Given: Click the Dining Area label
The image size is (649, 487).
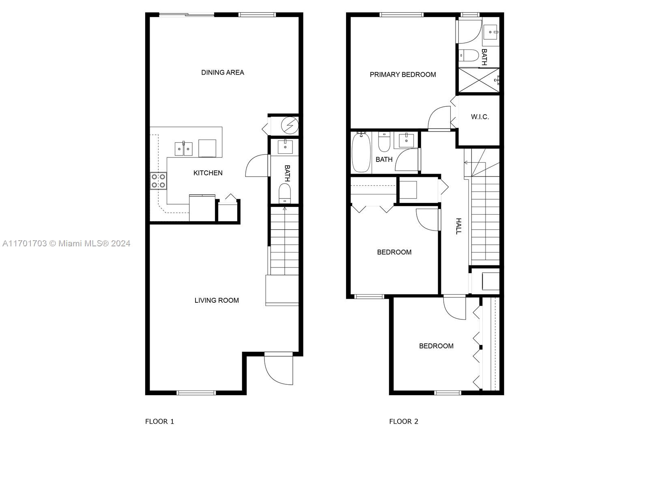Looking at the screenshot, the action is pyautogui.click(x=222, y=73).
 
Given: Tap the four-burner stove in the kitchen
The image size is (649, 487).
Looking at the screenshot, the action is pyautogui.click(x=158, y=181).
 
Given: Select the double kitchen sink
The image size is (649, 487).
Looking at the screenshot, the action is pyautogui.click(x=184, y=149).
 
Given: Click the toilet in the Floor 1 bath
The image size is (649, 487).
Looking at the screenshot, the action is pyautogui.click(x=285, y=194).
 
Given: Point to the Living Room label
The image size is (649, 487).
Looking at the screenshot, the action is pyautogui.click(x=217, y=300).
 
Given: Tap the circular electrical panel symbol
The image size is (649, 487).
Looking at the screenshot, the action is pyautogui.click(x=290, y=125).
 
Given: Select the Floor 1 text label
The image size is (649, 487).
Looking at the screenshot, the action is pyautogui.click(x=159, y=421).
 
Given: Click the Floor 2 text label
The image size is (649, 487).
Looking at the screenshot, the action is pyautogui.click(x=404, y=421).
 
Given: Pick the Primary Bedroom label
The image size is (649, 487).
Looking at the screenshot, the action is pyautogui.click(x=403, y=75).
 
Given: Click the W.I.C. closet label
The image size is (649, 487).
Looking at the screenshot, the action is pyautogui.click(x=479, y=117).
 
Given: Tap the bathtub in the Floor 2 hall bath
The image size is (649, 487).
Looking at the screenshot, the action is pyautogui.click(x=361, y=152).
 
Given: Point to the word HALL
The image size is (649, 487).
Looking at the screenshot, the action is pyautogui.click(x=458, y=226).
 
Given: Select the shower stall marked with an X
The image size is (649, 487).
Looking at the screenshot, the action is pyautogui.click(x=478, y=80).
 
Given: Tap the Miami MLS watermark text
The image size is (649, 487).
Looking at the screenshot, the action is pyautogui.click(x=66, y=243).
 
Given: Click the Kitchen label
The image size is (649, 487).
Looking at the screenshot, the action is pyautogui.click(x=208, y=173).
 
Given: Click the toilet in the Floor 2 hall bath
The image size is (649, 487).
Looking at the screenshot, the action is pyautogui.click(x=384, y=142).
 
